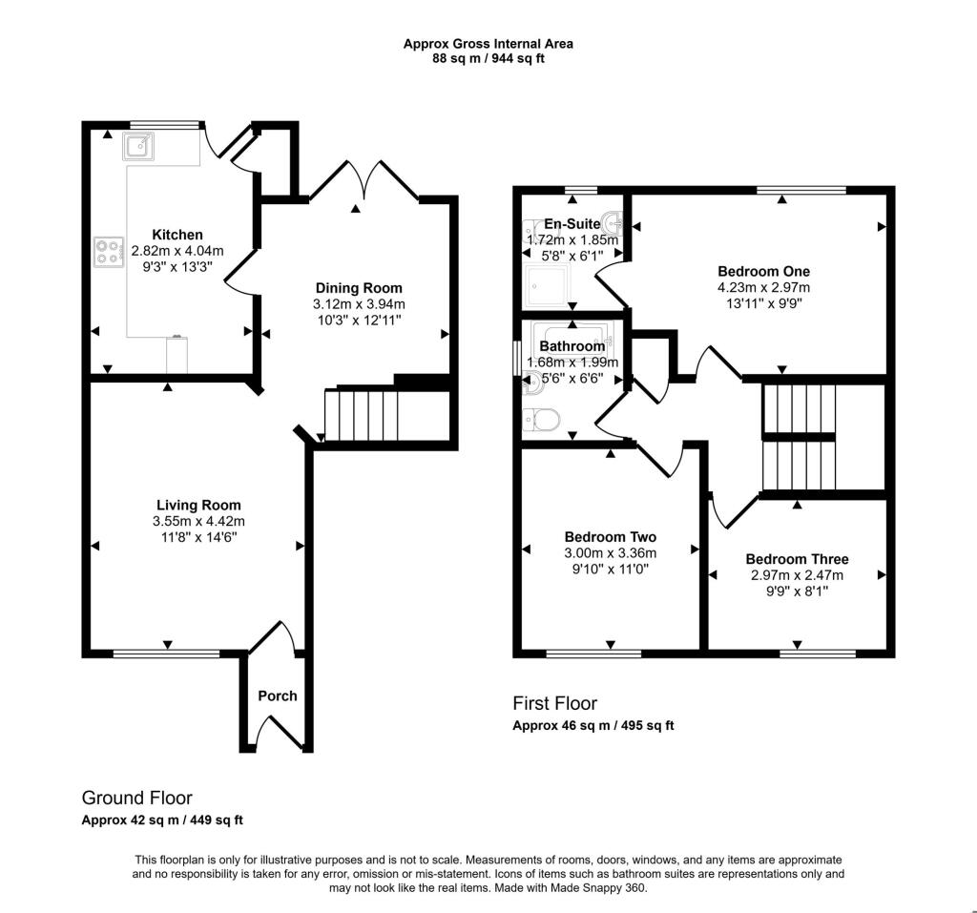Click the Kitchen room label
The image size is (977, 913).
click(x=177, y=235)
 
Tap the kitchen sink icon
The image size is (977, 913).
click(x=138, y=146)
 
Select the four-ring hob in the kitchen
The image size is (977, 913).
click(x=108, y=251)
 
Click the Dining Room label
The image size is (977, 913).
click(x=359, y=288)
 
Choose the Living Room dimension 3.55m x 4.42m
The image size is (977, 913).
click(x=198, y=521)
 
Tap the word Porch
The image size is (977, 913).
click(x=277, y=695)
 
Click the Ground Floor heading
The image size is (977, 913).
click(x=136, y=798)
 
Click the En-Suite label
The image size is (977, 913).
click(x=572, y=223)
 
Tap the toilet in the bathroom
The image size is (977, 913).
click(x=543, y=419)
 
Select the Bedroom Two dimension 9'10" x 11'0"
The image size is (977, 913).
click(x=610, y=569)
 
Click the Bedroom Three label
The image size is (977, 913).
click(x=797, y=559)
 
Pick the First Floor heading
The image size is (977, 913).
click(x=555, y=703)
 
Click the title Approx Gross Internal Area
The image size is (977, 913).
click(x=488, y=43)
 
